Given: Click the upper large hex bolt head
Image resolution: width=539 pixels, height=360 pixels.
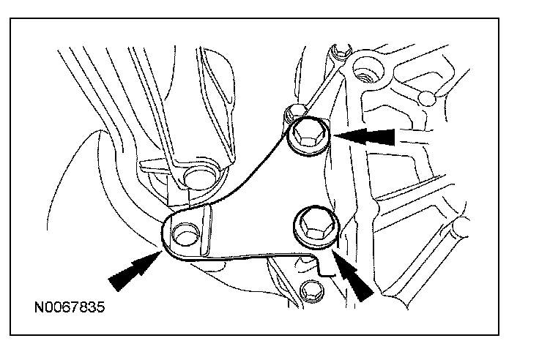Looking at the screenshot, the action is point(308,136).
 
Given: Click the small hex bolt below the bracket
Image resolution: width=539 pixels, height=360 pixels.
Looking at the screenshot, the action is point(311,289).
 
